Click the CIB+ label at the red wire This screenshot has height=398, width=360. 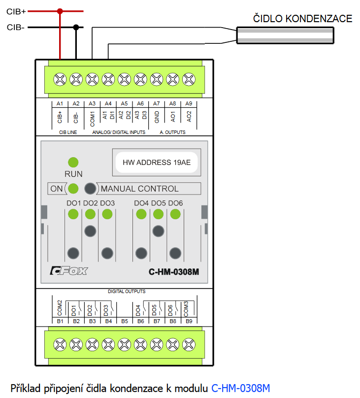16,11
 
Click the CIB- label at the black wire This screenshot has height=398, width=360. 16,28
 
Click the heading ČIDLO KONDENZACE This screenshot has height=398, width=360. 302,19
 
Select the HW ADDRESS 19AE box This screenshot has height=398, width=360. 156,161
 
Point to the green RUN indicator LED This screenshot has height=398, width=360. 73,162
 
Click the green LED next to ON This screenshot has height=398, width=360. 74,188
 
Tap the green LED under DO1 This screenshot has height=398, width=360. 73,214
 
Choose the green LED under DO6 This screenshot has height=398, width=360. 175,214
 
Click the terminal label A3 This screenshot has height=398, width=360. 92,104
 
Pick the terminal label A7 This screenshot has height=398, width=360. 157,104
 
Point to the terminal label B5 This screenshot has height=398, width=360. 124,321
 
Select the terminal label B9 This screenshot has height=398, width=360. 189,321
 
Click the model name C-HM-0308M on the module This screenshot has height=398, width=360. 173,271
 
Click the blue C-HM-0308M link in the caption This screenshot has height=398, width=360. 241,387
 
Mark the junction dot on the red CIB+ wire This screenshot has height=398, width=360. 60,10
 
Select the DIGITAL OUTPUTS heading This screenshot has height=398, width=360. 125,292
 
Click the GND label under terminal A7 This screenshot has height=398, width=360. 157,117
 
